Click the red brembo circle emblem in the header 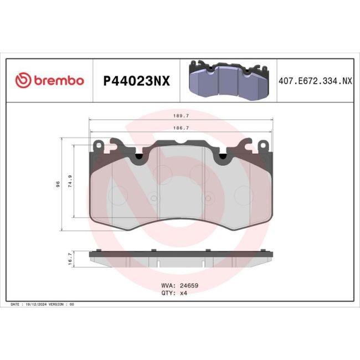tap(23, 80)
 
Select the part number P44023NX tap(137, 81)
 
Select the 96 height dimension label tap(58, 185)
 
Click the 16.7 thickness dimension tap(69, 259)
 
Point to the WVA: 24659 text tap(179, 286)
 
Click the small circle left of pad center tap(153, 196)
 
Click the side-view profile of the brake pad tap(180, 259)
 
